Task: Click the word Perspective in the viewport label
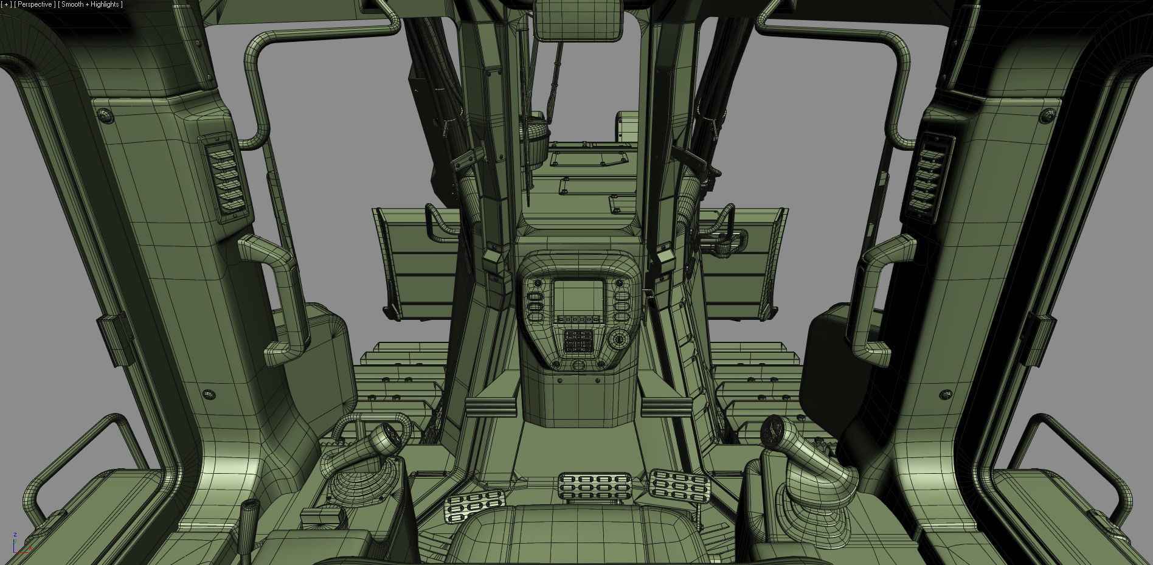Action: pos(35,4)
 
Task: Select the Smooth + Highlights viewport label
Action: pos(90,4)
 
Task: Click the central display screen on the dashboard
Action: pos(578,297)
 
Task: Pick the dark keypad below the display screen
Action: pos(578,342)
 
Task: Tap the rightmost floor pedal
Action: pos(680,487)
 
